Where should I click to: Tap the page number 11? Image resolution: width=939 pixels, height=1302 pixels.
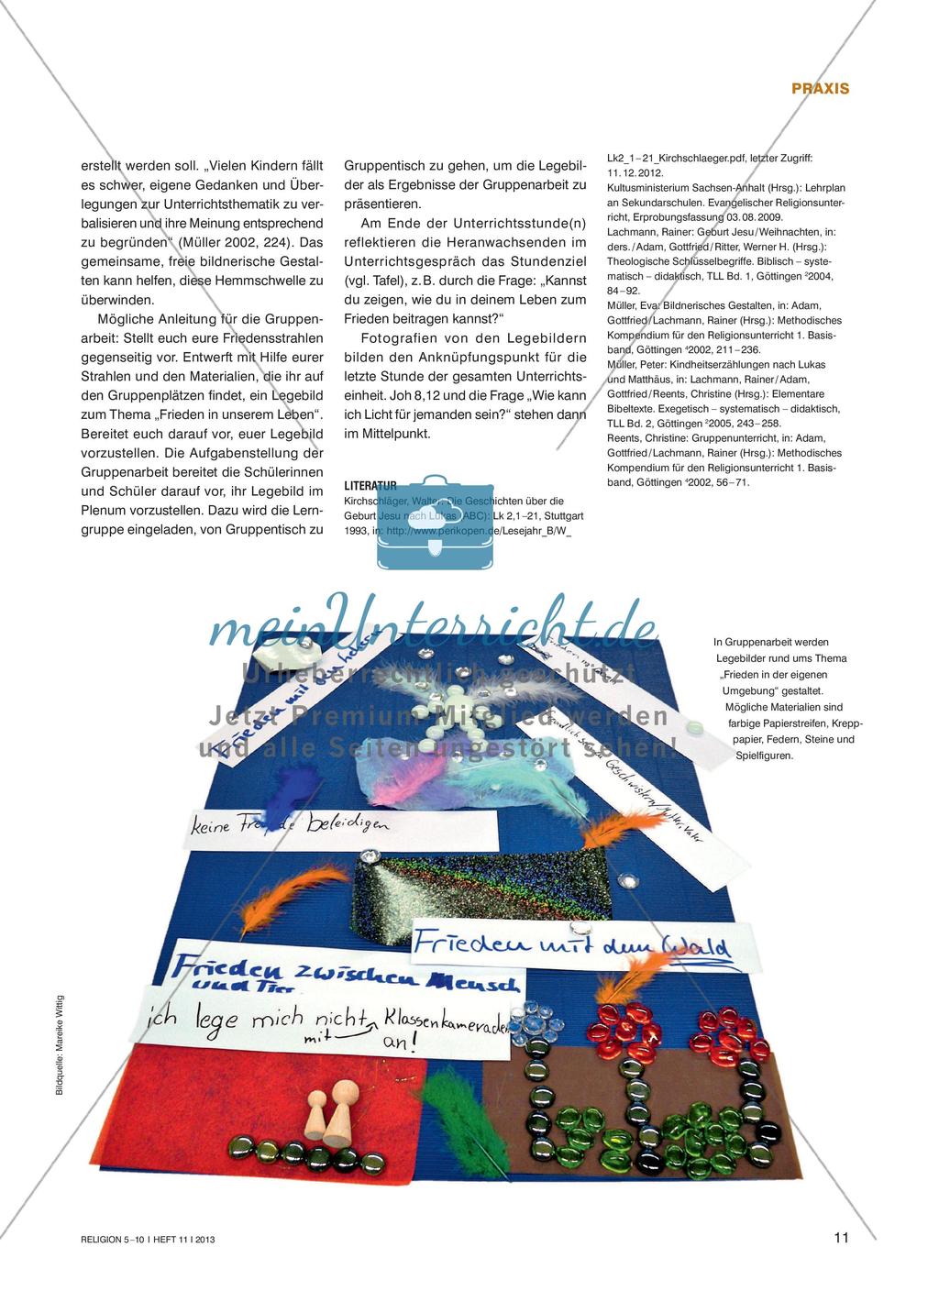pos(841,1238)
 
